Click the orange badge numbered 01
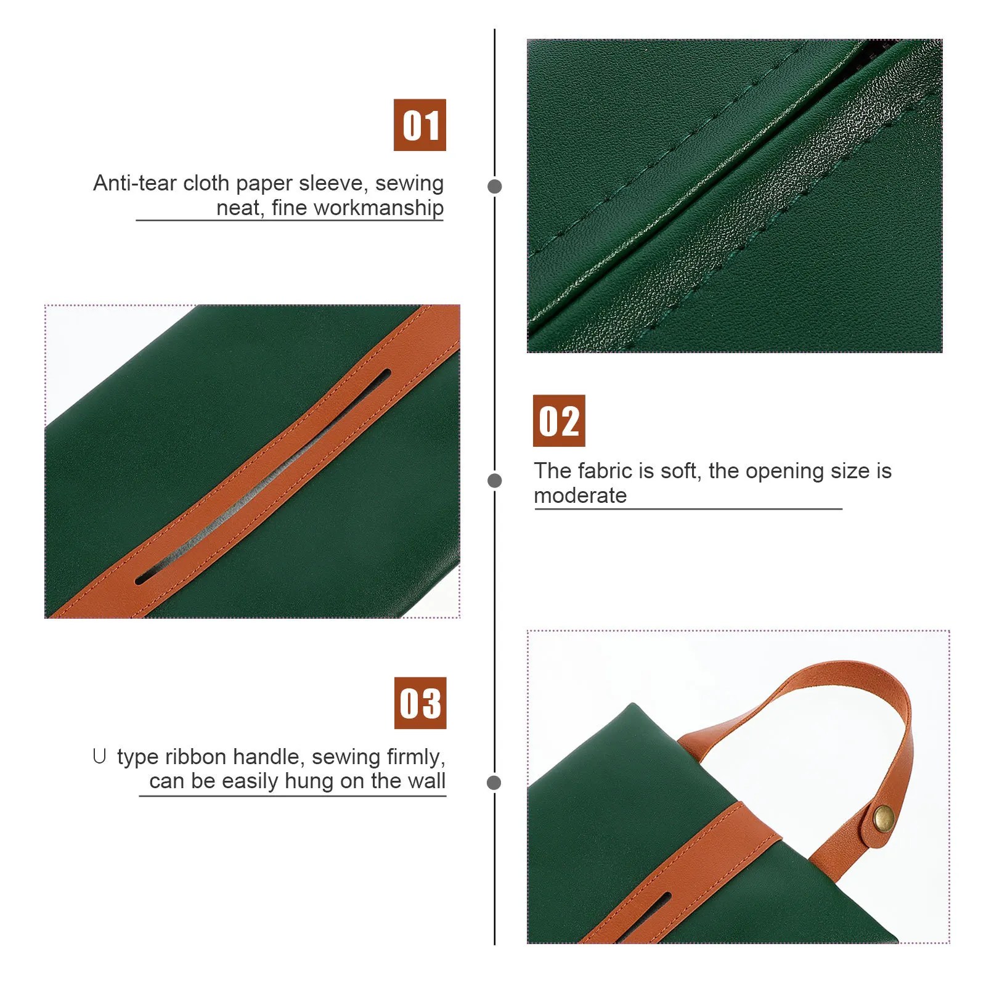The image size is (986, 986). [x=420, y=125]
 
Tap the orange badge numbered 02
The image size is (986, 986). [x=558, y=421]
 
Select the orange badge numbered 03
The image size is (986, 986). [x=420, y=703]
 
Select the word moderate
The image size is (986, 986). [x=580, y=495]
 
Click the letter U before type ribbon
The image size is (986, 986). [x=99, y=756]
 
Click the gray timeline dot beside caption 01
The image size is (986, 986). [x=494, y=186]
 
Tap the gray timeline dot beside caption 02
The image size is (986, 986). [x=494, y=481]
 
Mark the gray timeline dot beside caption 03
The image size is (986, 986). [x=494, y=783]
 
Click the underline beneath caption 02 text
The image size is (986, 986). [x=688, y=509]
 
